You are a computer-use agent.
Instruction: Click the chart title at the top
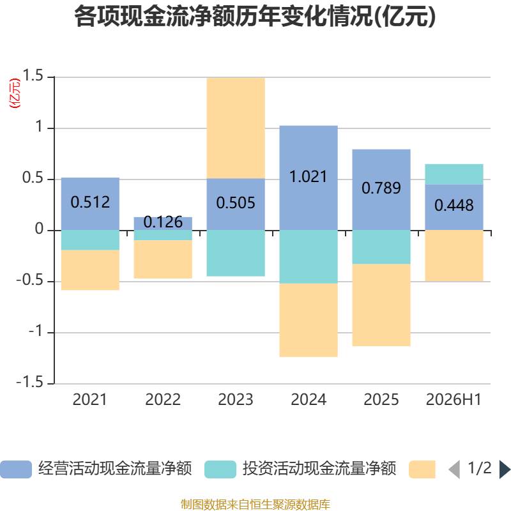[x=255, y=16]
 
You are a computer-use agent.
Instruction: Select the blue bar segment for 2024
[x=309, y=178]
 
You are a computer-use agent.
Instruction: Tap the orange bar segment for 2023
[x=236, y=128]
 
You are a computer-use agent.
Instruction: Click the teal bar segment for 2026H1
[x=454, y=174]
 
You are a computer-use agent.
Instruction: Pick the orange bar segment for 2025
[x=381, y=305]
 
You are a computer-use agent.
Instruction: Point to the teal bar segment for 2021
[x=90, y=240]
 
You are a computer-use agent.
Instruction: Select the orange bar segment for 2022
[x=163, y=259]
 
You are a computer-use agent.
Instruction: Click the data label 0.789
[x=381, y=188]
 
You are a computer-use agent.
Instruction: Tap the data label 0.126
[x=163, y=222]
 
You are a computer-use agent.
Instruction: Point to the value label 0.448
[x=454, y=205]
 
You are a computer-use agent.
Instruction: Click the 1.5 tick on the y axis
[x=33, y=75]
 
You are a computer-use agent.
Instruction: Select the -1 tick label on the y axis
[x=36, y=331]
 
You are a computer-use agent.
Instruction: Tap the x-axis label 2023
[x=236, y=400]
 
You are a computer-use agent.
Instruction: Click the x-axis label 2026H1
[x=454, y=400]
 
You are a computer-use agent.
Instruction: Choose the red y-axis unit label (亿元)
[x=15, y=93]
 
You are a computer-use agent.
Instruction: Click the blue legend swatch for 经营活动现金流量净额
[x=16, y=469]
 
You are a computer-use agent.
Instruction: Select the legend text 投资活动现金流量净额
[x=319, y=469]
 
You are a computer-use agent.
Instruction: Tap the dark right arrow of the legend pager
[x=505, y=469]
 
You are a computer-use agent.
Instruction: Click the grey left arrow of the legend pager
[x=454, y=469]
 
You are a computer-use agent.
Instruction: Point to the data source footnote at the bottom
[x=256, y=505]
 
